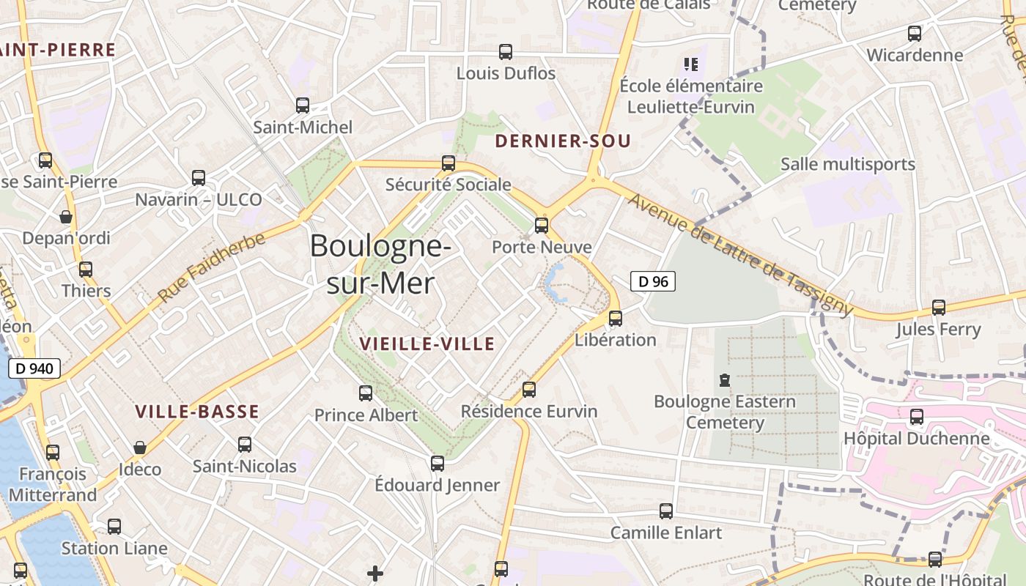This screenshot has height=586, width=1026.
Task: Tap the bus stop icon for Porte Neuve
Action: [542, 225]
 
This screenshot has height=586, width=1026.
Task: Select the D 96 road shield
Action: [652, 281]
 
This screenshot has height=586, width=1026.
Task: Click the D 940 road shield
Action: [34, 368]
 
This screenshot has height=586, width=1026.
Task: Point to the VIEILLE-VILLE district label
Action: [427, 344]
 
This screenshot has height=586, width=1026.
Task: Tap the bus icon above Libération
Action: [616, 318]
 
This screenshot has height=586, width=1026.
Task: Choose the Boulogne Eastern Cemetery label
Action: [724, 412]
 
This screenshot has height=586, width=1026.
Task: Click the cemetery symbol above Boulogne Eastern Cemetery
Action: [725, 380]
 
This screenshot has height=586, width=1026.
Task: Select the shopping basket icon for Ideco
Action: [140, 448]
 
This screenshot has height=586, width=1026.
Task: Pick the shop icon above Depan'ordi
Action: [66, 217]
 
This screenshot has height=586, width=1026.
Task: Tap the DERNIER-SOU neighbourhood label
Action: [563, 141]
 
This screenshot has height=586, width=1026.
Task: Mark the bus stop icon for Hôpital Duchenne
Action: [916, 417]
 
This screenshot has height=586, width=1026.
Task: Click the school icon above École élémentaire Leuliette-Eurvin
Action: [690, 64]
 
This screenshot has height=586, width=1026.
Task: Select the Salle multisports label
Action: [848, 164]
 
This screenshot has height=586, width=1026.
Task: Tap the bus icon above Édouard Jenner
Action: [438, 463]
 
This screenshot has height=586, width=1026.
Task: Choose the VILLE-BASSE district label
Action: [197, 412]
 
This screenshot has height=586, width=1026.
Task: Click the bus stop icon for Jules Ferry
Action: [939, 308]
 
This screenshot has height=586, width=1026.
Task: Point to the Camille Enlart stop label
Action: [666, 533]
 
